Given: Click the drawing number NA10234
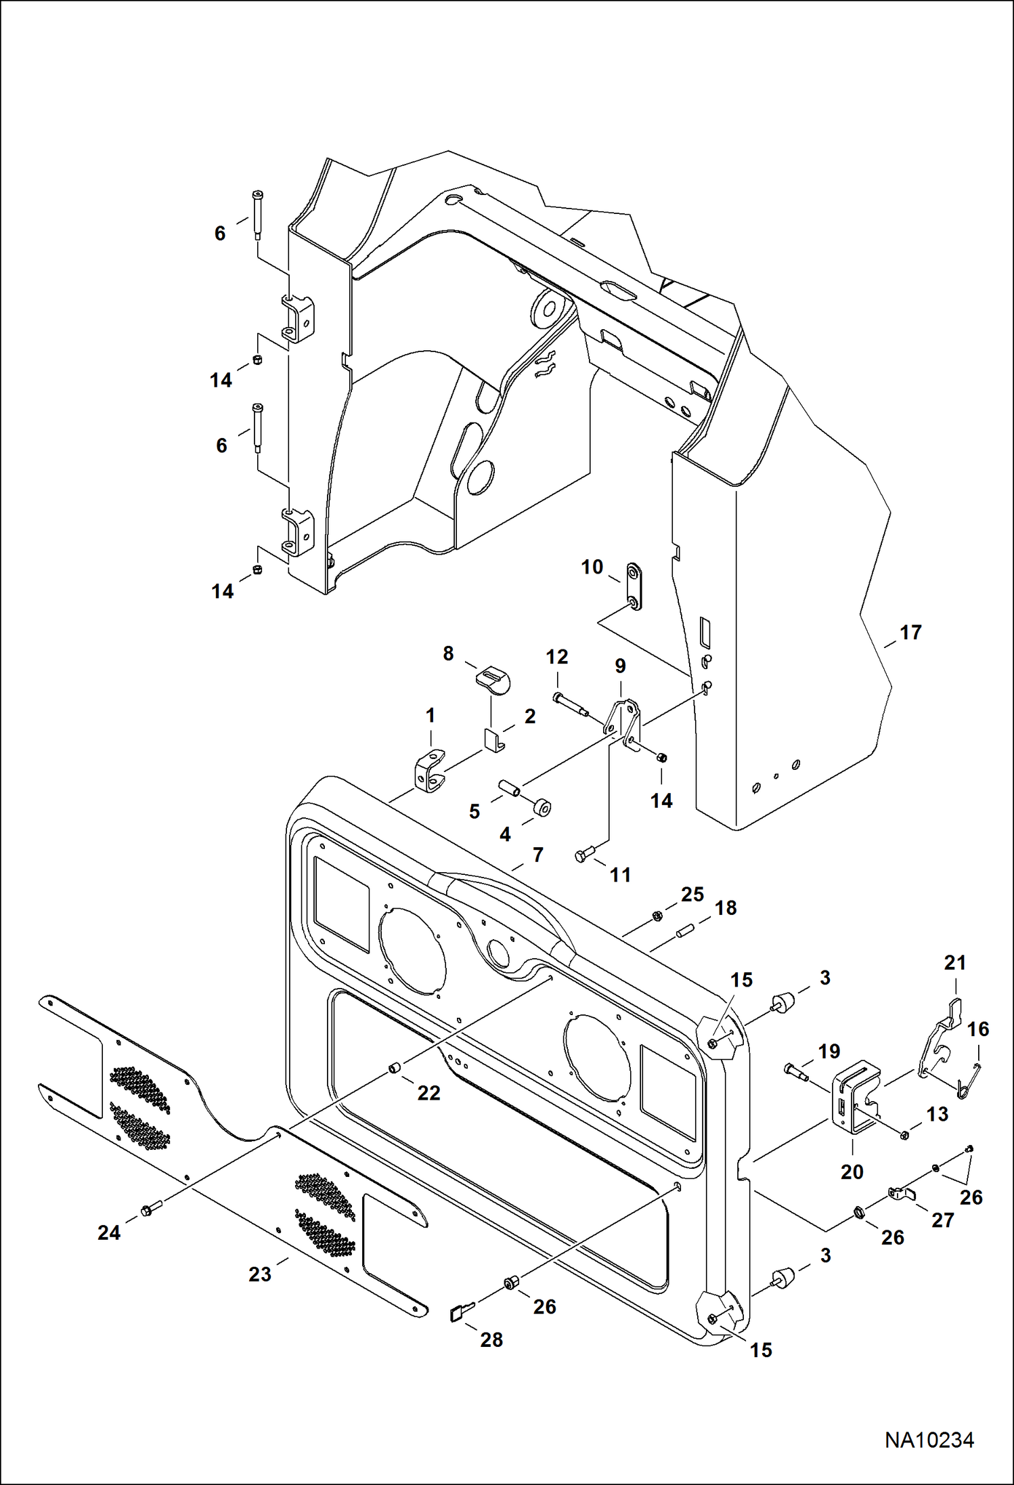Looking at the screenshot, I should [929, 1440].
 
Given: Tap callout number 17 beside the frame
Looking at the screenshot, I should [910, 632].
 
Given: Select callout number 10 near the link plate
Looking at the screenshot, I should [592, 567].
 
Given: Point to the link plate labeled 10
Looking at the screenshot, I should [634, 586].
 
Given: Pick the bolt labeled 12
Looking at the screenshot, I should [570, 704].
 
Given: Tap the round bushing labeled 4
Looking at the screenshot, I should [542, 808].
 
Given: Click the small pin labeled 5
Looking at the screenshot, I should [509, 789].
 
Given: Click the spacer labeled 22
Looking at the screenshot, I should [393, 1068].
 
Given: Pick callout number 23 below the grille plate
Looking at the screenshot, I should [259, 1274].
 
